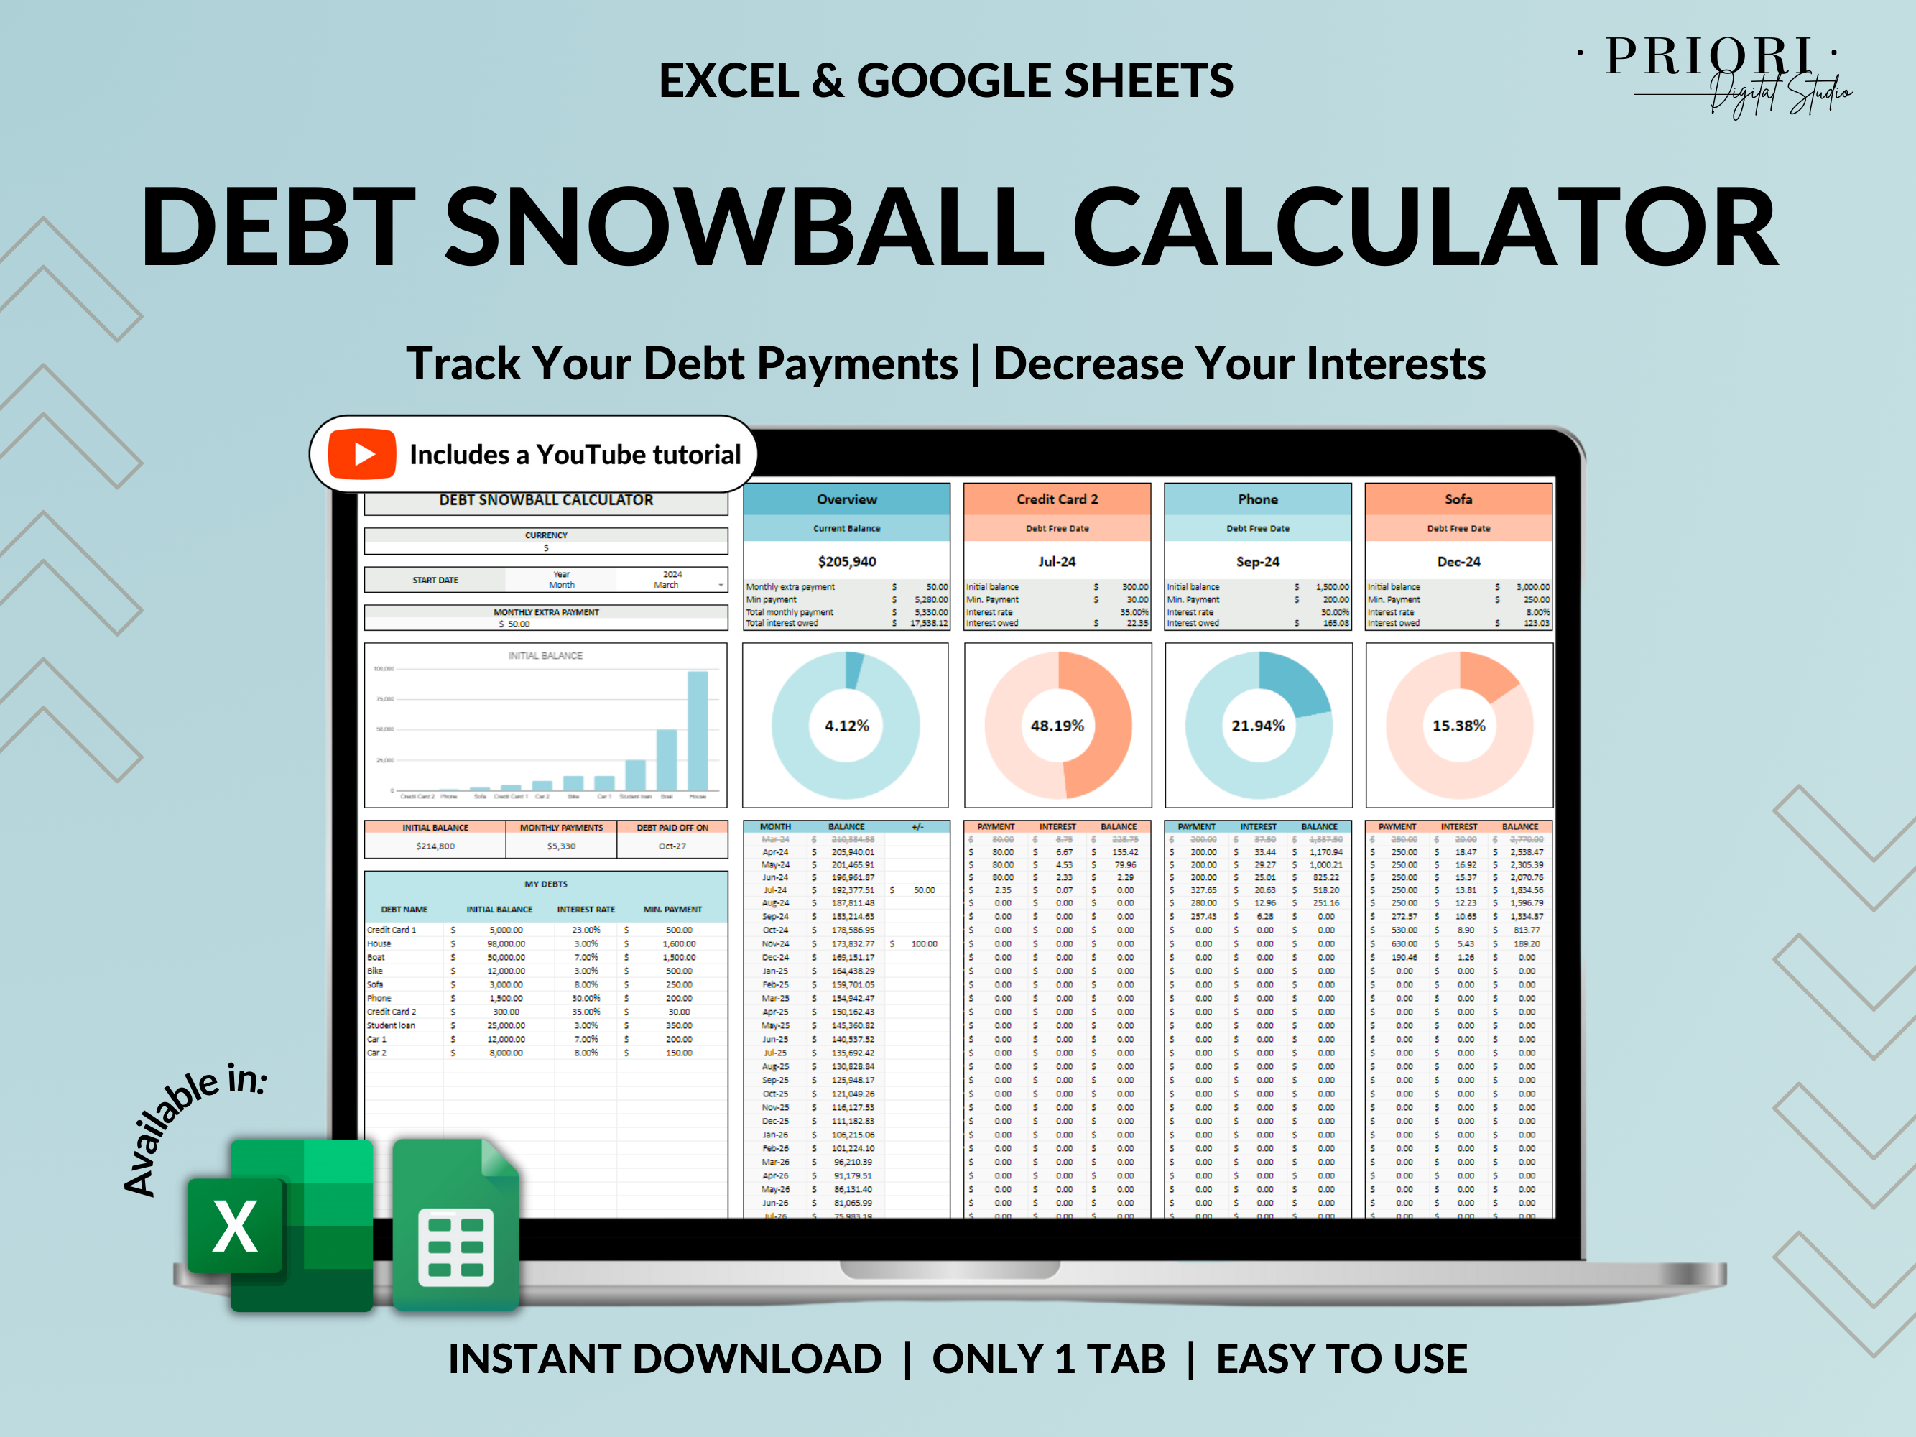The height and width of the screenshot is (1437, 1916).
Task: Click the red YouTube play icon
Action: pos(362,454)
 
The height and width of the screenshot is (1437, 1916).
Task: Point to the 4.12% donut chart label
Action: pos(846,726)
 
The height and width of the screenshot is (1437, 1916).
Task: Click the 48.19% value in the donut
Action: pos(1057,726)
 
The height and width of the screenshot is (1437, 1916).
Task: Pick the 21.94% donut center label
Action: pos(1258,726)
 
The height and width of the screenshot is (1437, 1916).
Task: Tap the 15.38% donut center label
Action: pos(1458,726)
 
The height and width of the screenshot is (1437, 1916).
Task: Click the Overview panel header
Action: pos(846,500)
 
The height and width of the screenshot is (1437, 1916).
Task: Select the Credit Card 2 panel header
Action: pos(1057,500)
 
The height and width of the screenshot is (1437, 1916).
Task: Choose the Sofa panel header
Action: pos(1458,500)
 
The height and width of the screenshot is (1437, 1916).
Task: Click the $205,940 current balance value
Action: pos(846,561)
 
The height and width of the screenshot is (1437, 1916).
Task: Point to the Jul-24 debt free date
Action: pos(1057,561)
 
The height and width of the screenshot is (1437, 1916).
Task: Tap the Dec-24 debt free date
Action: pos(1458,561)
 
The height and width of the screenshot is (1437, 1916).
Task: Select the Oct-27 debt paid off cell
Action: pos(672,846)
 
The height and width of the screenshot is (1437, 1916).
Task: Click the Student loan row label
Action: pos(391,1025)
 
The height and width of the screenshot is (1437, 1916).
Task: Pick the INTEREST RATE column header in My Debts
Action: pos(586,910)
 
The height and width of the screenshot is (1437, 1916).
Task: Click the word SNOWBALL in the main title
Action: pos(744,227)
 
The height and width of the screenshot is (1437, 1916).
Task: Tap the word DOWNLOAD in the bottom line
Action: pos(757,1358)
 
